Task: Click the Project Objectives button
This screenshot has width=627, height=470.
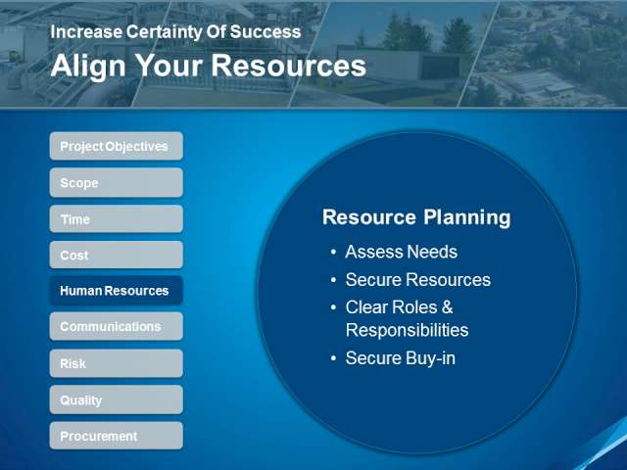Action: click(117, 146)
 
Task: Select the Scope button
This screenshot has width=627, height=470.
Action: click(117, 183)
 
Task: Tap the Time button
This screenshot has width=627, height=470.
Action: click(117, 219)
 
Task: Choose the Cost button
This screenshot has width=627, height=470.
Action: click(117, 255)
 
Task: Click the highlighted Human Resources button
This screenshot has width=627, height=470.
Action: click(117, 291)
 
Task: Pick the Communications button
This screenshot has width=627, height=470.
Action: click(117, 326)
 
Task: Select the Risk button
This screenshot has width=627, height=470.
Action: click(117, 363)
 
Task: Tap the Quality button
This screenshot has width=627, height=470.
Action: click(117, 399)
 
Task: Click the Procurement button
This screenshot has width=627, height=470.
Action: click(117, 436)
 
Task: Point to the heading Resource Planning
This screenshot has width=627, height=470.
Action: click(416, 217)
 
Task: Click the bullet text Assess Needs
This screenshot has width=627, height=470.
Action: click(401, 252)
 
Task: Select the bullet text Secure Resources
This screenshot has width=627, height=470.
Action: click(418, 280)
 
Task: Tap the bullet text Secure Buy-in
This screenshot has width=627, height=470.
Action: click(401, 358)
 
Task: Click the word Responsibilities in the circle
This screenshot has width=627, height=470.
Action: click(408, 331)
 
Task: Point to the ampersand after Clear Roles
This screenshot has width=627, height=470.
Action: click(448, 307)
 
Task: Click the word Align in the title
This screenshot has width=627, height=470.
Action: click(88, 67)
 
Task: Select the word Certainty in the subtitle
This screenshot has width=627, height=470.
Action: click(164, 32)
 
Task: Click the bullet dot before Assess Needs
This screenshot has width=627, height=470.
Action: click(333, 253)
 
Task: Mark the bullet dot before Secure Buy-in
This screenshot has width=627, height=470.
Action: click(333, 358)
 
